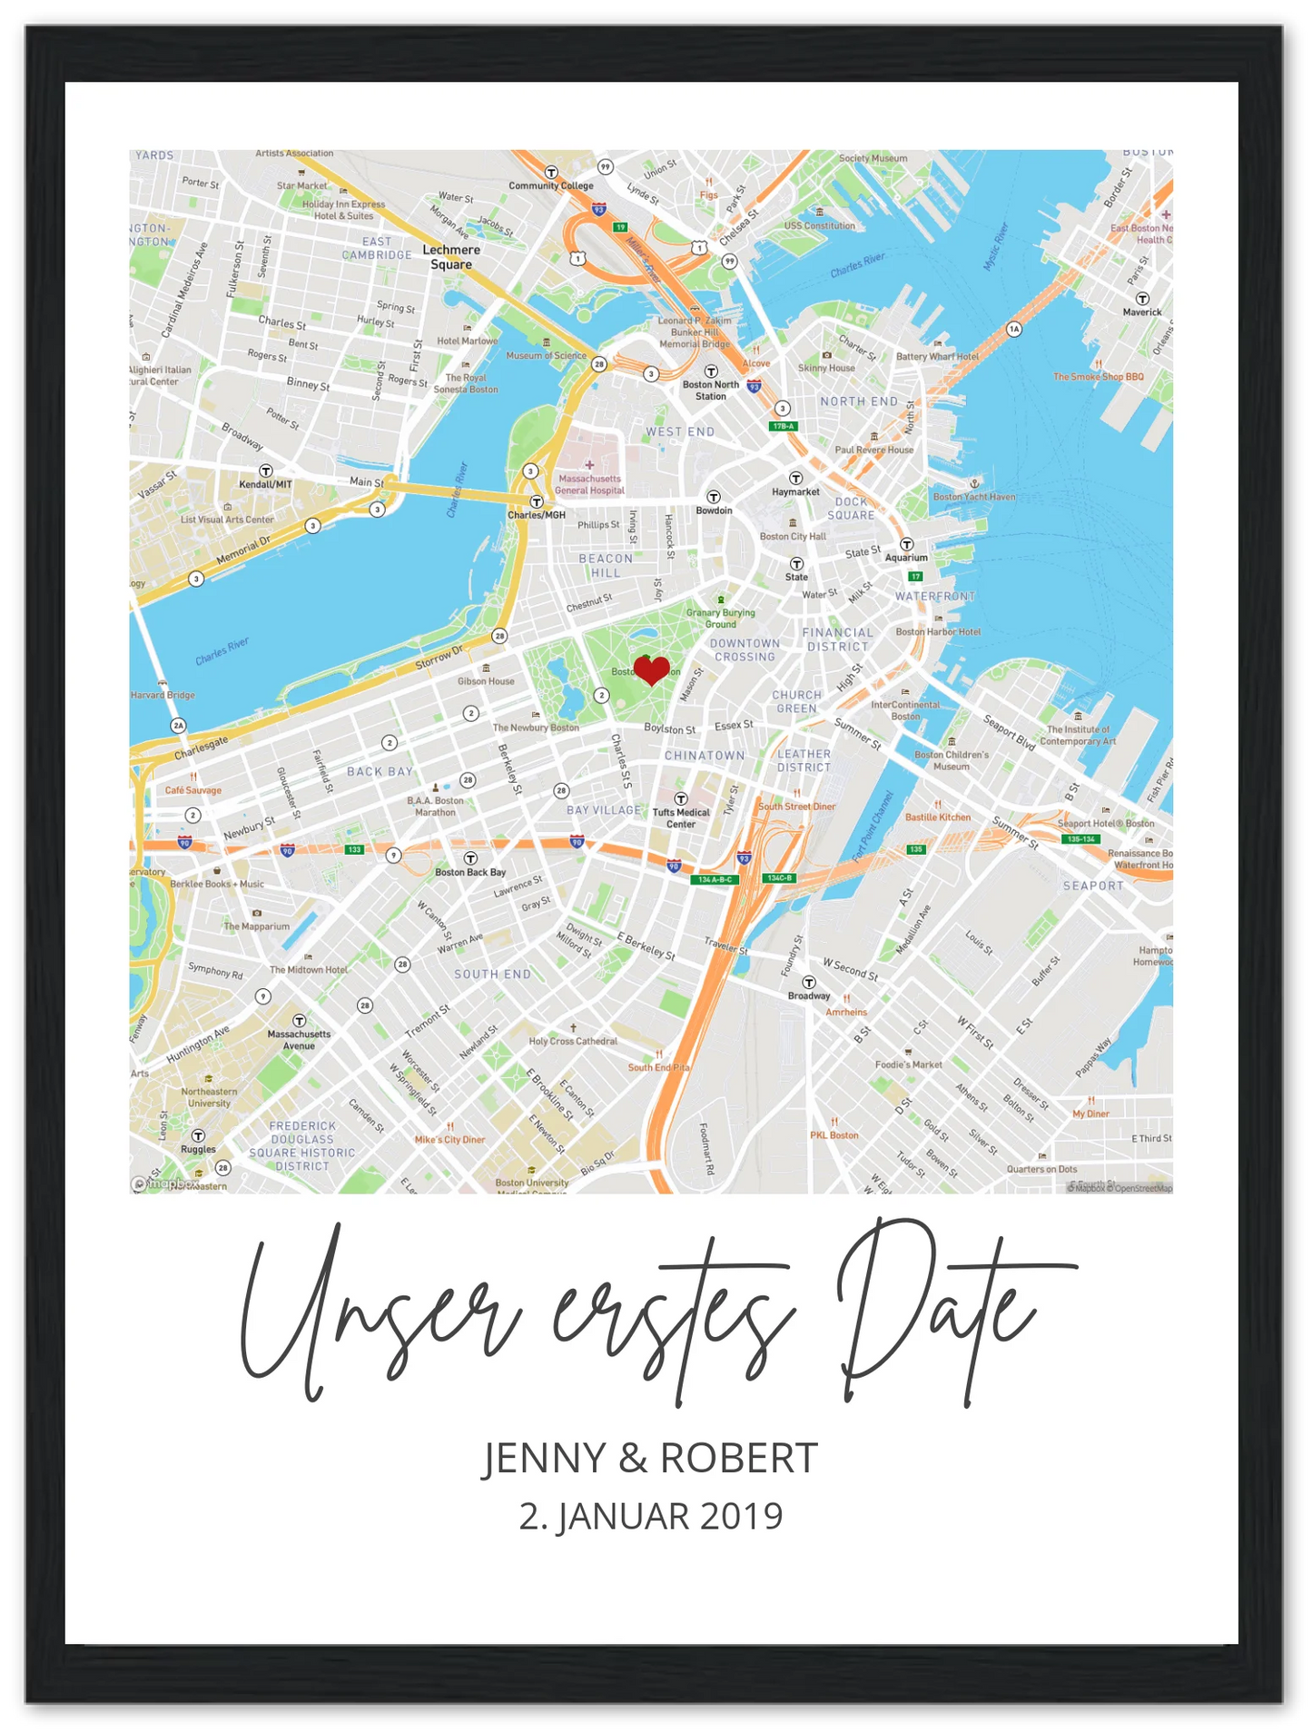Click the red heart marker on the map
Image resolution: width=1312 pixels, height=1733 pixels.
651,670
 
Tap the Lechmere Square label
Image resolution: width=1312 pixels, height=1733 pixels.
451,257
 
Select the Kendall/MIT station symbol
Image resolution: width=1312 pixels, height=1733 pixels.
266,470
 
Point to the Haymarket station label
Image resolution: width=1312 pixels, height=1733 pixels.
795,492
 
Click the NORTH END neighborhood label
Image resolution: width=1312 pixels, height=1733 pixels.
859,401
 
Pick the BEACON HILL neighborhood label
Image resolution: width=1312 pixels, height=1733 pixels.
606,565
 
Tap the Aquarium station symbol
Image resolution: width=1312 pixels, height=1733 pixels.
906,545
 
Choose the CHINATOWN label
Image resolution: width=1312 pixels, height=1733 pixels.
705,756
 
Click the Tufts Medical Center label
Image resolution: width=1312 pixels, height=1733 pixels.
681,818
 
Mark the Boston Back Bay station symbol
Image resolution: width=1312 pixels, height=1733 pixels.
470,858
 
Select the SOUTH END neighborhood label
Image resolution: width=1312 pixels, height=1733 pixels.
493,975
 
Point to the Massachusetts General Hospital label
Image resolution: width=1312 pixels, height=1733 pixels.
590,484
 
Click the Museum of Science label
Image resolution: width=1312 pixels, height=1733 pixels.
547,355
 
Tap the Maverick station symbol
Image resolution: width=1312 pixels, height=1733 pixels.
1142,299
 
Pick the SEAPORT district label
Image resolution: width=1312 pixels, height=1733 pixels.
1093,886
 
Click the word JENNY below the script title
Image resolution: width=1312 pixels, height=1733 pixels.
543,1459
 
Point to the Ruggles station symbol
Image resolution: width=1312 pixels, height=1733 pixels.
198,1135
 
